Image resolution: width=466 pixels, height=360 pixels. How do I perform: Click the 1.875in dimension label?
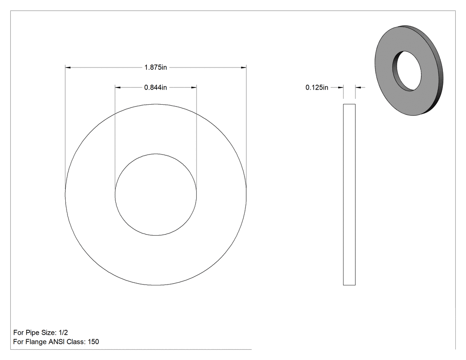click(155, 67)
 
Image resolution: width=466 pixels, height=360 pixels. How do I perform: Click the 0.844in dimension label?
click(155, 87)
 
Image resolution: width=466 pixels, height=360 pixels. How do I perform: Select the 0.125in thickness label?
click(317, 87)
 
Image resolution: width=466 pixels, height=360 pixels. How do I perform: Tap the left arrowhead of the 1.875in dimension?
click(68, 67)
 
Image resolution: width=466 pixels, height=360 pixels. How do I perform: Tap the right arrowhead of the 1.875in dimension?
click(243, 67)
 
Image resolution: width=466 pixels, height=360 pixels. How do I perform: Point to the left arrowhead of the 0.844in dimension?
click(118, 87)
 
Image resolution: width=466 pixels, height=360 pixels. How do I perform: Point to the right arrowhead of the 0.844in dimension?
click(194, 87)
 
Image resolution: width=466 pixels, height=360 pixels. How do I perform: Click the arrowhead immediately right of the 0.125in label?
click(340, 87)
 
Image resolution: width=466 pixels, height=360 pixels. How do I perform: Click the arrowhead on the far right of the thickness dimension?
click(358, 87)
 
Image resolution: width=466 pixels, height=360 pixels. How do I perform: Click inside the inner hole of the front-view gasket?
click(156, 195)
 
